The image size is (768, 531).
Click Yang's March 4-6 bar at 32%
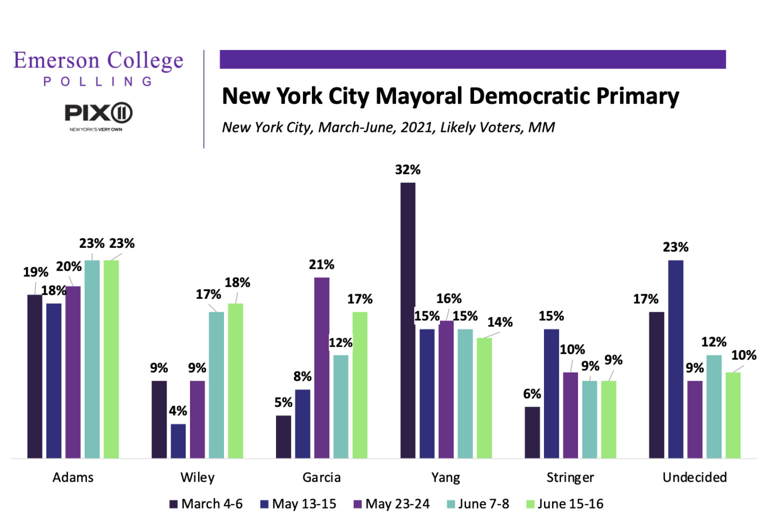click(x=407, y=320)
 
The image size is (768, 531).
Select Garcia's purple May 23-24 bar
click(x=321, y=367)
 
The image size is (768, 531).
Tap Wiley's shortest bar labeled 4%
click(x=178, y=441)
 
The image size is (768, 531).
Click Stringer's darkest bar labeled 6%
click(x=532, y=432)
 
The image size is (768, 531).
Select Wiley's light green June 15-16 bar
click(x=235, y=380)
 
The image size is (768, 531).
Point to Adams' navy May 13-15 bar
click(x=54, y=380)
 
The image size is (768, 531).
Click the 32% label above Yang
click(x=407, y=170)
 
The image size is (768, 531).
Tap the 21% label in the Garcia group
click(x=321, y=264)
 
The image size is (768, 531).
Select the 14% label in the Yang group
click(x=499, y=322)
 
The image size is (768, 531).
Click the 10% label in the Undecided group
click(x=743, y=355)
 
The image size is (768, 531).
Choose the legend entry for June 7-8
click(x=477, y=504)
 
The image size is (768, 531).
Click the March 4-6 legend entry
click(x=206, y=504)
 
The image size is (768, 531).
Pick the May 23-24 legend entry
click(x=391, y=504)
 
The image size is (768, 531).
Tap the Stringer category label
click(x=570, y=477)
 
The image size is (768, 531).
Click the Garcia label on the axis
click(x=321, y=477)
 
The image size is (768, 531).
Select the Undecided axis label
click(x=694, y=477)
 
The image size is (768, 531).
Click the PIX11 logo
click(x=98, y=113)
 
